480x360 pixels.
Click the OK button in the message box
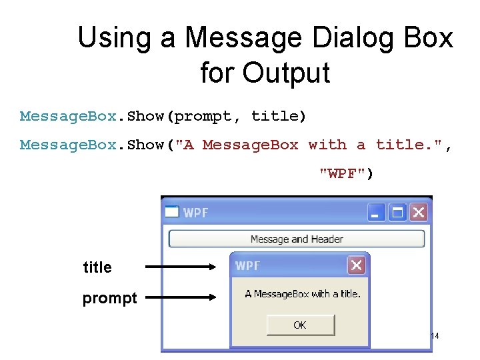(x=299, y=325)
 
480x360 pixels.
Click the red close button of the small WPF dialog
(x=357, y=265)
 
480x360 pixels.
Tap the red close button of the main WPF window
(x=418, y=213)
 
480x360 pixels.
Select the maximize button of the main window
(x=398, y=213)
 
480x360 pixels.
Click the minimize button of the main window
(x=377, y=213)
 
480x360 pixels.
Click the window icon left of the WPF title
(x=172, y=213)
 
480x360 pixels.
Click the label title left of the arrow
(x=97, y=267)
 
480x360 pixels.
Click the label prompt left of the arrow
(x=109, y=298)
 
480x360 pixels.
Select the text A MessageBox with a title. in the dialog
(x=302, y=294)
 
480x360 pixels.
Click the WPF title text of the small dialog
(x=247, y=265)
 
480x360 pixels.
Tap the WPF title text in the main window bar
(x=196, y=213)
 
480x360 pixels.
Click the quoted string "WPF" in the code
(x=346, y=173)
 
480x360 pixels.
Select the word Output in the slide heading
(x=286, y=72)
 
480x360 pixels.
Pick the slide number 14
(x=434, y=336)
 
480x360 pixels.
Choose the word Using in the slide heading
(x=115, y=37)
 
